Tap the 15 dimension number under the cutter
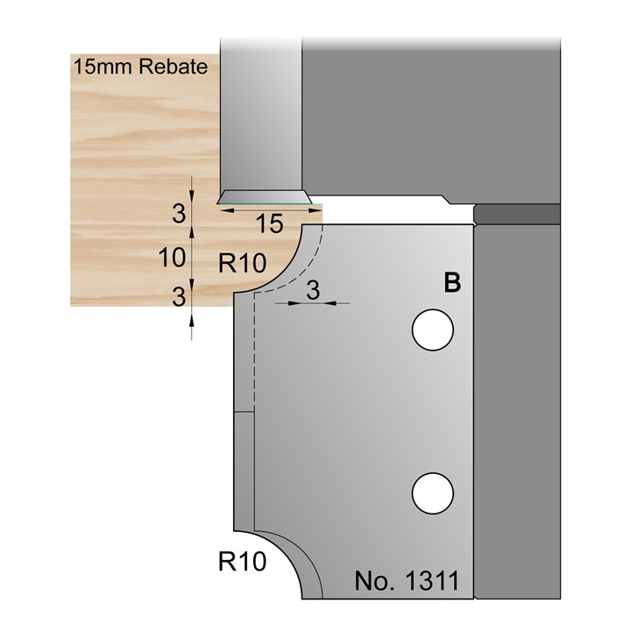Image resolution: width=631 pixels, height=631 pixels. pyautogui.click(x=270, y=225)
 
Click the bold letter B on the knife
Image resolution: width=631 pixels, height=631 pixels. pyautogui.click(x=452, y=283)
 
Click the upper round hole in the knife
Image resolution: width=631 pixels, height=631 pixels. pyautogui.click(x=434, y=330)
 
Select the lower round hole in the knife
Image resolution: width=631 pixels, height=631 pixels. pyautogui.click(x=434, y=492)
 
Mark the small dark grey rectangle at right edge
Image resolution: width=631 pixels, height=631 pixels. pyautogui.click(x=516, y=213)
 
